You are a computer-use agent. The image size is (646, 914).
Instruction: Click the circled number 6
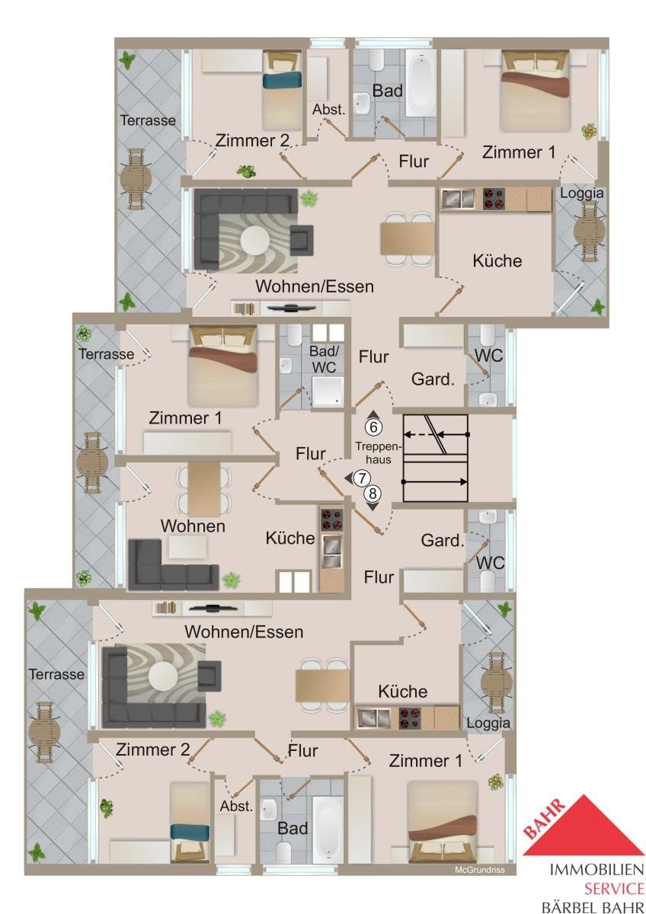pos(373,427)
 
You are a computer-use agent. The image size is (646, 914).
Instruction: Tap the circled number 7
pos(361,478)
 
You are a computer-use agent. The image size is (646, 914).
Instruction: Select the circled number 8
pos(372,494)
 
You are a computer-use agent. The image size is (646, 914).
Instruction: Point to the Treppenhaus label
pos(379,453)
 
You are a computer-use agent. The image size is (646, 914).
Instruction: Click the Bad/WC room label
pos(323,359)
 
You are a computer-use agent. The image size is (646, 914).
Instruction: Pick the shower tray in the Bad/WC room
pos(328,391)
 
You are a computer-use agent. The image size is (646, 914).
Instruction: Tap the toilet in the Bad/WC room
pos(293,334)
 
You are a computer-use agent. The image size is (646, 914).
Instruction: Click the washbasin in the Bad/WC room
pos(285,365)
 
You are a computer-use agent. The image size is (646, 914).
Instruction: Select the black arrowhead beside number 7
pos(348,478)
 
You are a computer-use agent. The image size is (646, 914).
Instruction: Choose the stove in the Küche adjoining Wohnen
pos(331,519)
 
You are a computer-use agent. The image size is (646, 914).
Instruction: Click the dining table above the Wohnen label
pos(204,488)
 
